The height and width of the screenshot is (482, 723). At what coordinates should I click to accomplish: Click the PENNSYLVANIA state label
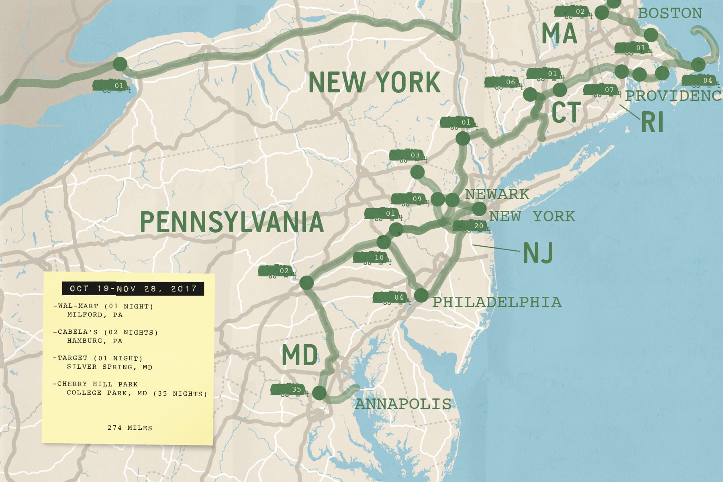point(231,222)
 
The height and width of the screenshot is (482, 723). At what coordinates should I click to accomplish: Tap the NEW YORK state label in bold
point(374,83)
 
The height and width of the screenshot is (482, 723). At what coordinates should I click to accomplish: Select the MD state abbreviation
point(300,355)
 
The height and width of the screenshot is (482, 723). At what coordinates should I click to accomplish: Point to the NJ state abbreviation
point(538,253)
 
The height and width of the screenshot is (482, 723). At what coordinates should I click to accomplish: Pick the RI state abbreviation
point(652,122)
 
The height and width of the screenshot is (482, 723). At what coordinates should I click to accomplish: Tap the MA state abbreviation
point(559,34)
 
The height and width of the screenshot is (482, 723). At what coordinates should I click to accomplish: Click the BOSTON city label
point(670,13)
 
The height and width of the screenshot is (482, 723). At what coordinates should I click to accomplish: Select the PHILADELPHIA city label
point(497,302)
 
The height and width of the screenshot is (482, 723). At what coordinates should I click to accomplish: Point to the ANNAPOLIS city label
point(403,404)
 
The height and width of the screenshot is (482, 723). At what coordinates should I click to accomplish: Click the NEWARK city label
point(497,194)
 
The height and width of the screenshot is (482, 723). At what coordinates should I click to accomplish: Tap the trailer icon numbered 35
point(289,390)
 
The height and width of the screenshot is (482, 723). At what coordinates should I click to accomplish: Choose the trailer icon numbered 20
point(471,226)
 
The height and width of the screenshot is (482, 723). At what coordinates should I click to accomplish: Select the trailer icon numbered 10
point(371,257)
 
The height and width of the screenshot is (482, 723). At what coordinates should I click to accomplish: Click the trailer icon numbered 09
point(409,199)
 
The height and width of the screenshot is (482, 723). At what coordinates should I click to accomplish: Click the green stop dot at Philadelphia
point(421,296)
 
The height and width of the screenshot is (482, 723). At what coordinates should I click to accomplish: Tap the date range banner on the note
point(133,289)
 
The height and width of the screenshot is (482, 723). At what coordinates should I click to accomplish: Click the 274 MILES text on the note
point(130,428)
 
